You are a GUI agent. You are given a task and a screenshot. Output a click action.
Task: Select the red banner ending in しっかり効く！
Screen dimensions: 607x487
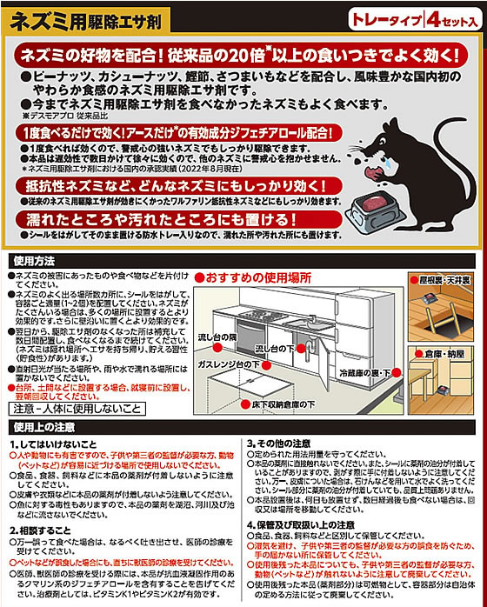(174, 188)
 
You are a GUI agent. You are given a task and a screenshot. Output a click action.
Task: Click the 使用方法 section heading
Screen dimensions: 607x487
(35, 259)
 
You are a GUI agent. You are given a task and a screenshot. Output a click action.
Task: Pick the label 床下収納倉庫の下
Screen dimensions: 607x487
(291, 405)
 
